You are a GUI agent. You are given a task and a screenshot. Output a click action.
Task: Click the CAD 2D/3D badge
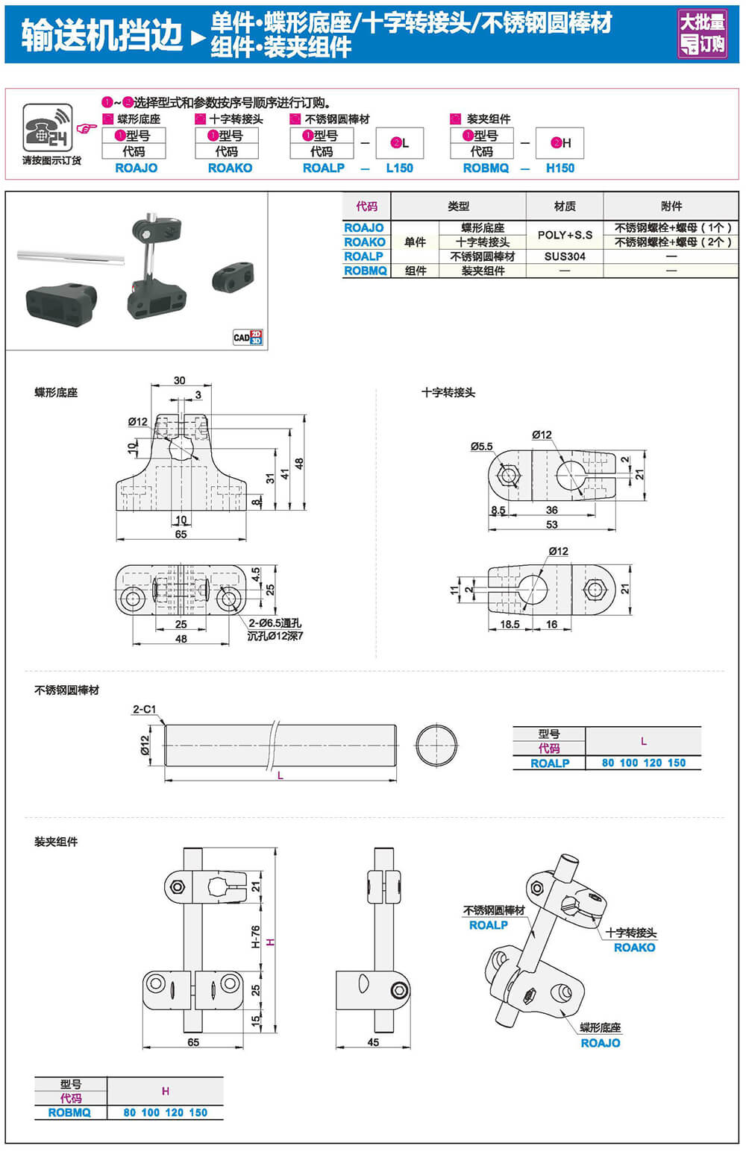248,337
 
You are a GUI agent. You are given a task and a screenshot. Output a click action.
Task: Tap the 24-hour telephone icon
47,129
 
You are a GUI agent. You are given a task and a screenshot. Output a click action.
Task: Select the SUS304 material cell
565,256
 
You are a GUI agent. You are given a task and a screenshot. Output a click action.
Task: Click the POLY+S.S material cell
565,235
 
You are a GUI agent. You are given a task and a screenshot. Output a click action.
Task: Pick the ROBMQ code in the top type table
366,271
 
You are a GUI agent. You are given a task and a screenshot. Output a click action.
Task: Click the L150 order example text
399,168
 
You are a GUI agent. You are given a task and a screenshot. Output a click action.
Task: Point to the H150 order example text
560,168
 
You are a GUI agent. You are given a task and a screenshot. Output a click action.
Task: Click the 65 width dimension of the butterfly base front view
181,535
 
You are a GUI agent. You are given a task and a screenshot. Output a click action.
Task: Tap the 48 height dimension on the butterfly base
299,463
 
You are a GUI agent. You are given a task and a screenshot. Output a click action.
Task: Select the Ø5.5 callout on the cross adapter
481,447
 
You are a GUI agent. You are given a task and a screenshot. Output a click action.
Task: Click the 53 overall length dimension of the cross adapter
551,525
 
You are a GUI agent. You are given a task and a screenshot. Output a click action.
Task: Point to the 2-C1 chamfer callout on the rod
144,709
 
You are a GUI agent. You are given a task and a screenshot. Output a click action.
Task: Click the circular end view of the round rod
436,745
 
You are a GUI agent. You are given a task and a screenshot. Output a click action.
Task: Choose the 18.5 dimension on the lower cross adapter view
510,625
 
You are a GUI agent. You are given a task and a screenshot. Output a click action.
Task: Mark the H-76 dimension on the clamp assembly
255,936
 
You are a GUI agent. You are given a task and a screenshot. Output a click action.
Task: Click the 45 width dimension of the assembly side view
373,1042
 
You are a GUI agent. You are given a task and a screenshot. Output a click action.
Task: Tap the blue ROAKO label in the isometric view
634,948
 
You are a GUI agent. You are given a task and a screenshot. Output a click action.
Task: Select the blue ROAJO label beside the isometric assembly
601,1043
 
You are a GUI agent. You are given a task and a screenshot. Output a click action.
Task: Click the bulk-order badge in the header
702,34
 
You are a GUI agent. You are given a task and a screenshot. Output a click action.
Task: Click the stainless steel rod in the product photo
71,256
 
